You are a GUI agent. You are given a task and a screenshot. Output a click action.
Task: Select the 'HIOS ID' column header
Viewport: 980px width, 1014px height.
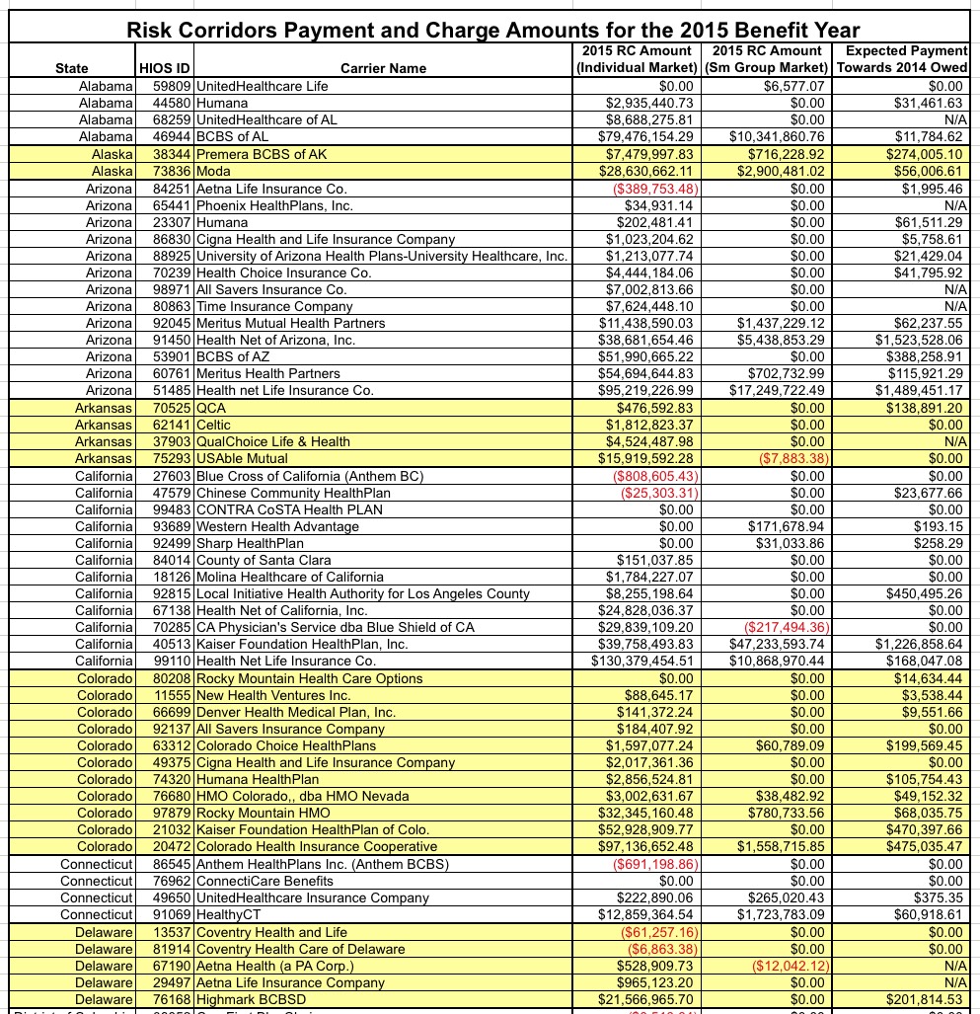click(x=164, y=68)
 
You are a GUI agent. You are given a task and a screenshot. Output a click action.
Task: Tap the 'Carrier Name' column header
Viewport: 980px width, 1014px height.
click(x=383, y=68)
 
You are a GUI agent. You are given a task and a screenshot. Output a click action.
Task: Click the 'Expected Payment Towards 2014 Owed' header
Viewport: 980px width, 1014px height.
click(x=902, y=59)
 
